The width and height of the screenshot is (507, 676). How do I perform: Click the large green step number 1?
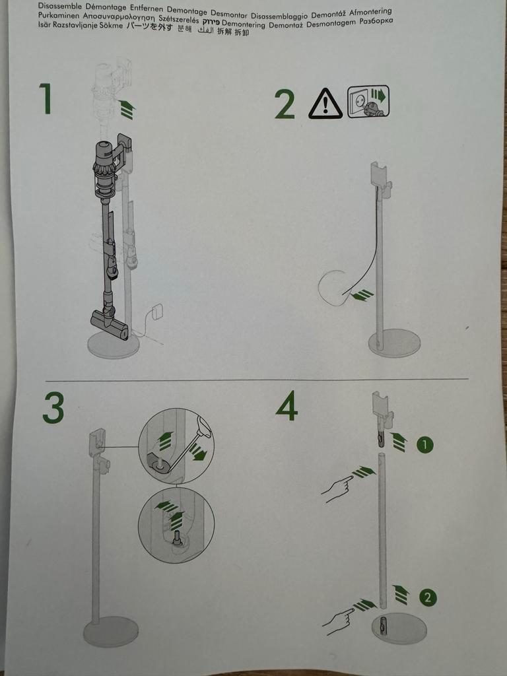(45, 99)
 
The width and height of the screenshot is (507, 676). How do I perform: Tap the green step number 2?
(285, 104)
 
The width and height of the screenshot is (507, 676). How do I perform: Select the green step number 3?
(53, 408)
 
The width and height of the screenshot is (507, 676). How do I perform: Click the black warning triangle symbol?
(325, 104)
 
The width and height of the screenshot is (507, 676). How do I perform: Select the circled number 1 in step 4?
(425, 446)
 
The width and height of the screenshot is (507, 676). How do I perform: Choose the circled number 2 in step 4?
(428, 598)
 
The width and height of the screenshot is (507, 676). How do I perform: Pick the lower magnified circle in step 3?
(176, 526)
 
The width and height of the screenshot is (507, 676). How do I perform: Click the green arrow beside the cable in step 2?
(362, 295)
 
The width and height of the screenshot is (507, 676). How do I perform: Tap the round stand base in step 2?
(394, 343)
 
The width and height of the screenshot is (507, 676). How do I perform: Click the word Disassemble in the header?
(59, 5)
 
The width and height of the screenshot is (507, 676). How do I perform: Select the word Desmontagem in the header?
(326, 22)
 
